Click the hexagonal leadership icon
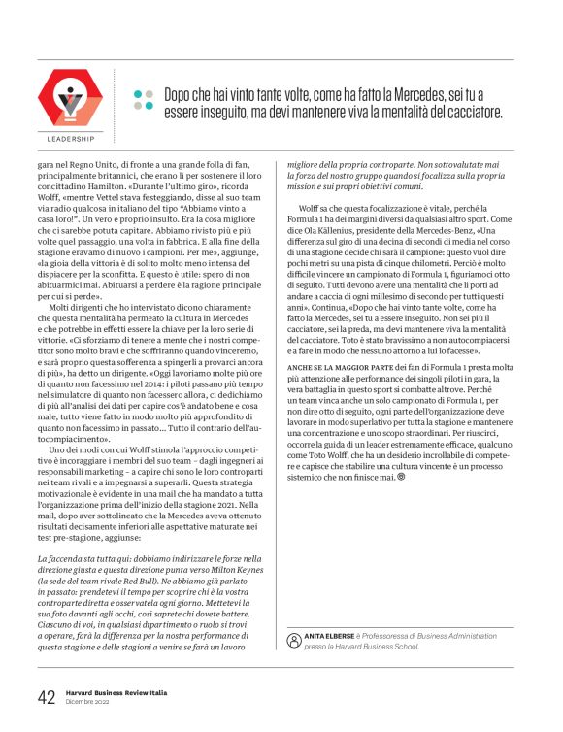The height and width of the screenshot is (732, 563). click(x=70, y=100)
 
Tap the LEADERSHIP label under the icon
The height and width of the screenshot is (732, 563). click(x=70, y=139)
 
